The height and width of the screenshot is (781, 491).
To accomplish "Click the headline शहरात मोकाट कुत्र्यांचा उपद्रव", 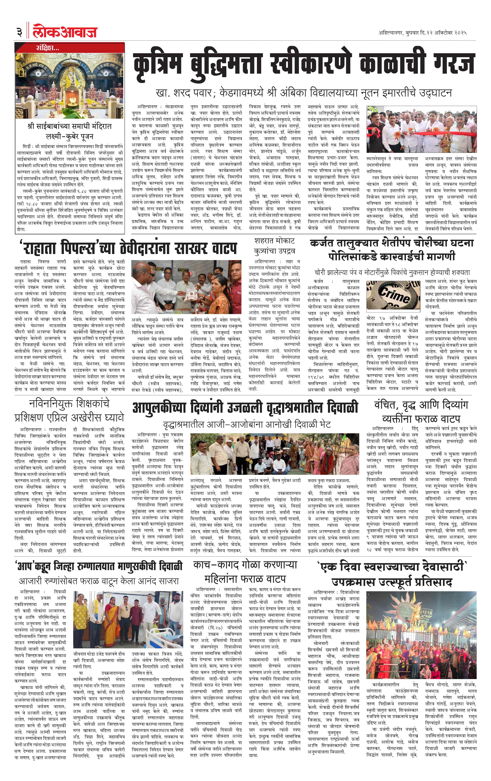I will pyautogui.click(x=274, y=246).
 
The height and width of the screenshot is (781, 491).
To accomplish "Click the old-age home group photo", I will pyautogui.click(x=274, y=454).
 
